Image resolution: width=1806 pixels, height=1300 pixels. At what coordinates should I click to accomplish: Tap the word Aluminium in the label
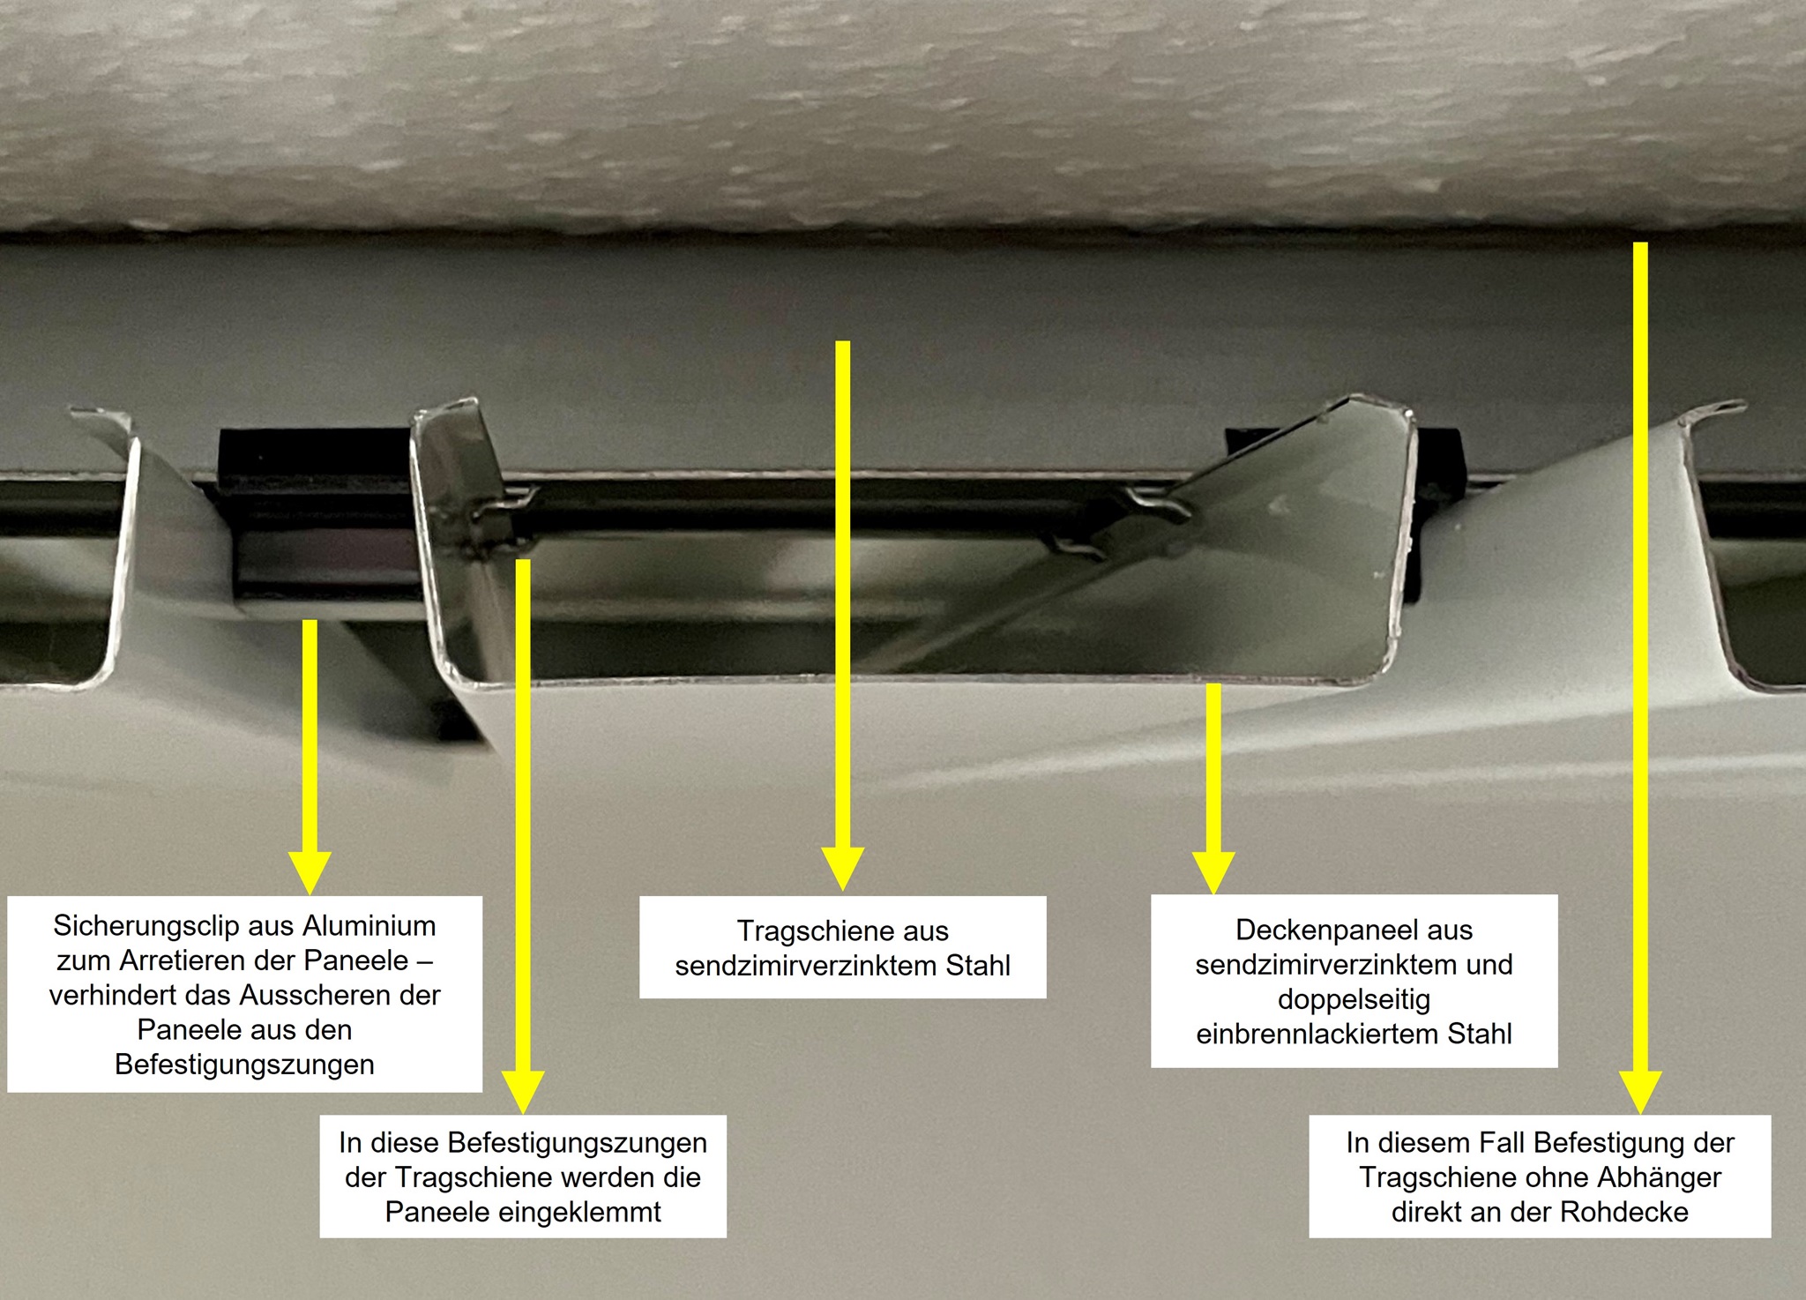pyautogui.click(x=369, y=926)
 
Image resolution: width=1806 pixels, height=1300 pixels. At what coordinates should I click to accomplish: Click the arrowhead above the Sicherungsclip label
pyautogui.click(x=310, y=873)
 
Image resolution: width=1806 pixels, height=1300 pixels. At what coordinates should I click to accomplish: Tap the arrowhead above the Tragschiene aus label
pyautogui.click(x=843, y=869)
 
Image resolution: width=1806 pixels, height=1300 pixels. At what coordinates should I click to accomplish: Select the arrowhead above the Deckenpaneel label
pyautogui.click(x=1213, y=873)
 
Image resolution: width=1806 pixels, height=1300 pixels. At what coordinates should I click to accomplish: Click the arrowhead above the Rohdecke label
pyautogui.click(x=1640, y=1093)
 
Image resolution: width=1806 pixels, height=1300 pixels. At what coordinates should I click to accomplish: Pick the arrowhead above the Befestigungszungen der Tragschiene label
pyautogui.click(x=523, y=1093)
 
